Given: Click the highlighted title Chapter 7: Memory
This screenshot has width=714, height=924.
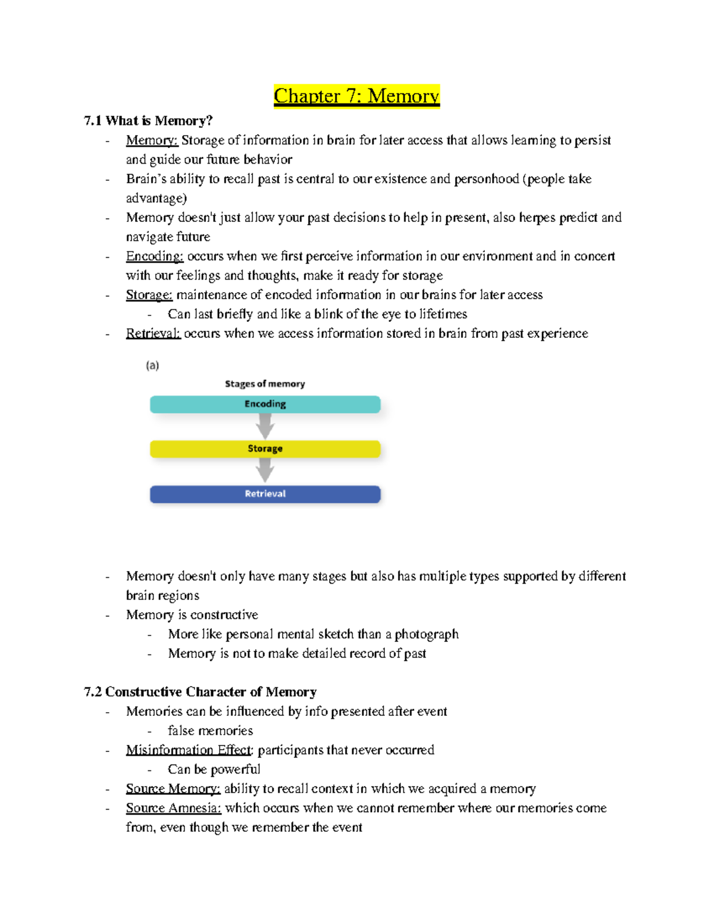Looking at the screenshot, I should (356, 96).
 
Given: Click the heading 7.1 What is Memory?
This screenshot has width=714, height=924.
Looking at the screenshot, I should (148, 121).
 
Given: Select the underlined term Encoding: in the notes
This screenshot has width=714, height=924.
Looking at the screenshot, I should (155, 256).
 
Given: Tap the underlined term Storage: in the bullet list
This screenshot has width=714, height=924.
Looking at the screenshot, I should (149, 295).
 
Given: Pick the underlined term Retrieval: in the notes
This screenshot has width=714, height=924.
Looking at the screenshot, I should (153, 333).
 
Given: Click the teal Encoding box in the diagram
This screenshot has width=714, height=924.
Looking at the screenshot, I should (265, 404).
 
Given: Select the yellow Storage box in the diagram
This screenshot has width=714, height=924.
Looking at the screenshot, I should (265, 449).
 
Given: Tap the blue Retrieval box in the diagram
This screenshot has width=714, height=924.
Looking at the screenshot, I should (265, 494).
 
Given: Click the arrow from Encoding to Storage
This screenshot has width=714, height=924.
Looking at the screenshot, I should (265, 426).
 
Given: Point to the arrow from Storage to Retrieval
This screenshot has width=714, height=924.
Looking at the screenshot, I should (265, 471).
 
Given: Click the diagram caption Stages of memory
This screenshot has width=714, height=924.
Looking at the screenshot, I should (265, 384).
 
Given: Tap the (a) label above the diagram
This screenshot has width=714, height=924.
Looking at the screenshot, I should (152, 365).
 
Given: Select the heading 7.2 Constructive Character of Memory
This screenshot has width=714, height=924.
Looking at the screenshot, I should (200, 691).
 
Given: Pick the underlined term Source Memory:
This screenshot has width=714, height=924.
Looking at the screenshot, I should (173, 788).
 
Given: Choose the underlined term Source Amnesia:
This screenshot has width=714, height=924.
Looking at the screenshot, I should (173, 808).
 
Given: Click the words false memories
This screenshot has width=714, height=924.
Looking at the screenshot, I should (210, 730).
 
